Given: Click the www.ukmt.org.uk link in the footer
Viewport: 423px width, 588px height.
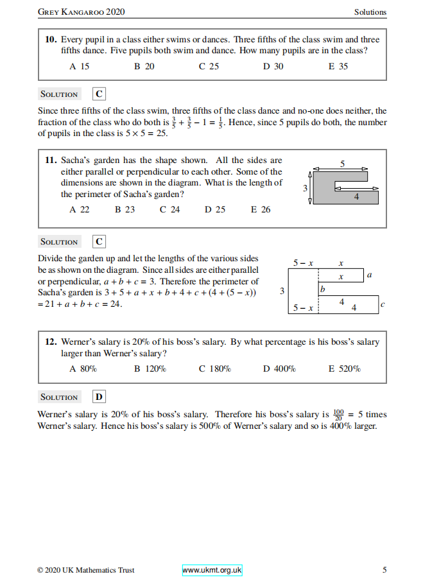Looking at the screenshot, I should pyautogui.click(x=212, y=569).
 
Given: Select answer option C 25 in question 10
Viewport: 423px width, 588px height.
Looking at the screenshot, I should pyautogui.click(x=209, y=66).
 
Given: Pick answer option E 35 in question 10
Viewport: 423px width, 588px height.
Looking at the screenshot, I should pyautogui.click(x=338, y=66).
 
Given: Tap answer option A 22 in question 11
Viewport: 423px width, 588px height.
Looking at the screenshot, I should pyautogui.click(x=80, y=209).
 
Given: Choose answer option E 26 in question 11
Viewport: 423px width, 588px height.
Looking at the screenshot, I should pyautogui.click(x=261, y=209).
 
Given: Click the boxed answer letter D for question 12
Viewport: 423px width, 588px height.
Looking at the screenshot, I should pyautogui.click(x=99, y=397).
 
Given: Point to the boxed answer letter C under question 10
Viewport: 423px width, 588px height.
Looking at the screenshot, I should pyautogui.click(x=99, y=94).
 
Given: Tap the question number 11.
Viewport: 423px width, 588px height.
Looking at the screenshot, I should pyautogui.click(x=51, y=160).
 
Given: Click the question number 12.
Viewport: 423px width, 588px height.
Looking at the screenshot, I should pyautogui.click(x=51, y=342).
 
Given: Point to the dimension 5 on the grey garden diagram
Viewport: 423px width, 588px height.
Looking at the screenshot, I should pyautogui.click(x=342, y=164).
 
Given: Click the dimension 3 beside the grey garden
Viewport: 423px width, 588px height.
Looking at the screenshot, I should pyautogui.click(x=306, y=187).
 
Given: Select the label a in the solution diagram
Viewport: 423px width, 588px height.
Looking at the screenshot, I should pyautogui.click(x=370, y=275).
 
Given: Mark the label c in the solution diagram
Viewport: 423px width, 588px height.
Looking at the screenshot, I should pyautogui.click(x=383, y=304).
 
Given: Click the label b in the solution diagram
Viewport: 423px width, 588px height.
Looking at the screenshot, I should pyautogui.click(x=323, y=290).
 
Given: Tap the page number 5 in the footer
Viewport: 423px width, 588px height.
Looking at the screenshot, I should pyautogui.click(x=384, y=569).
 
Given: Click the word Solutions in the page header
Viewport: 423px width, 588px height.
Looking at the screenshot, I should pyautogui.click(x=370, y=12).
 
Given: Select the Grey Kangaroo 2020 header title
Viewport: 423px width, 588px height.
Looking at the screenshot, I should pyautogui.click(x=82, y=12).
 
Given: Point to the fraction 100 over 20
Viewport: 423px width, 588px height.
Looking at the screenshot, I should pyautogui.click(x=339, y=415).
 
